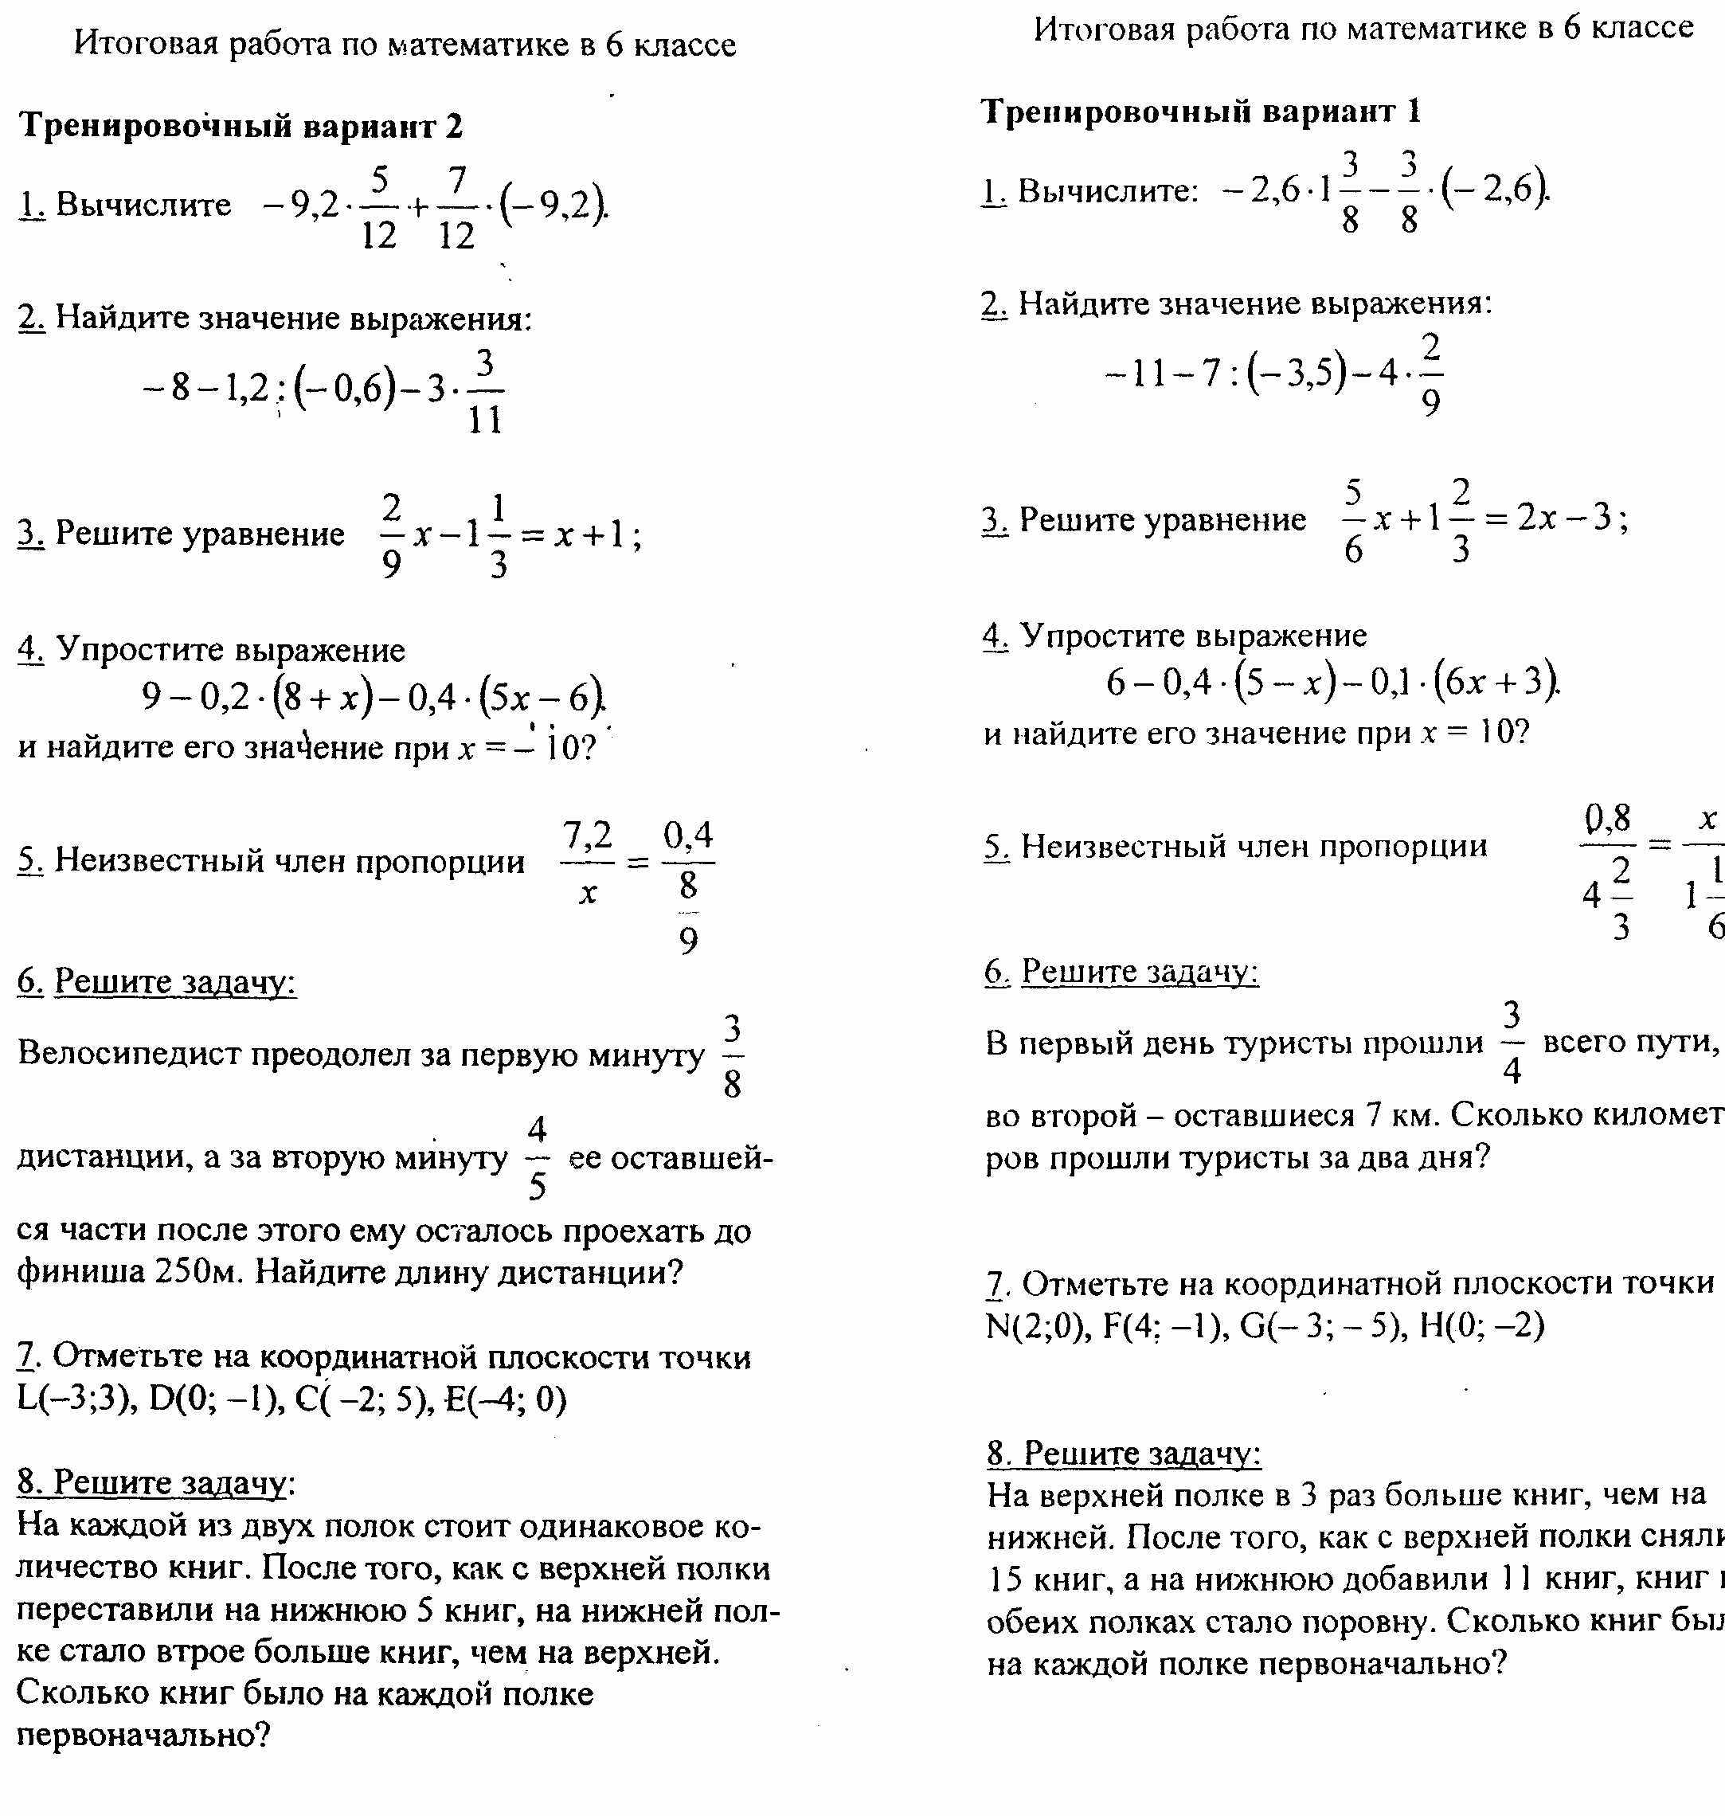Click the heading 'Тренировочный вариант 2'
[x=241, y=126]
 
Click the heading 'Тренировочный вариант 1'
[x=1201, y=112]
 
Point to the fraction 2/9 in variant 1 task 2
[x=1431, y=374]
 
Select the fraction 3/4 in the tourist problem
[x=1512, y=1043]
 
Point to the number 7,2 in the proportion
[x=587, y=835]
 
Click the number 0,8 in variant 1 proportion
[x=1607, y=816]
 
